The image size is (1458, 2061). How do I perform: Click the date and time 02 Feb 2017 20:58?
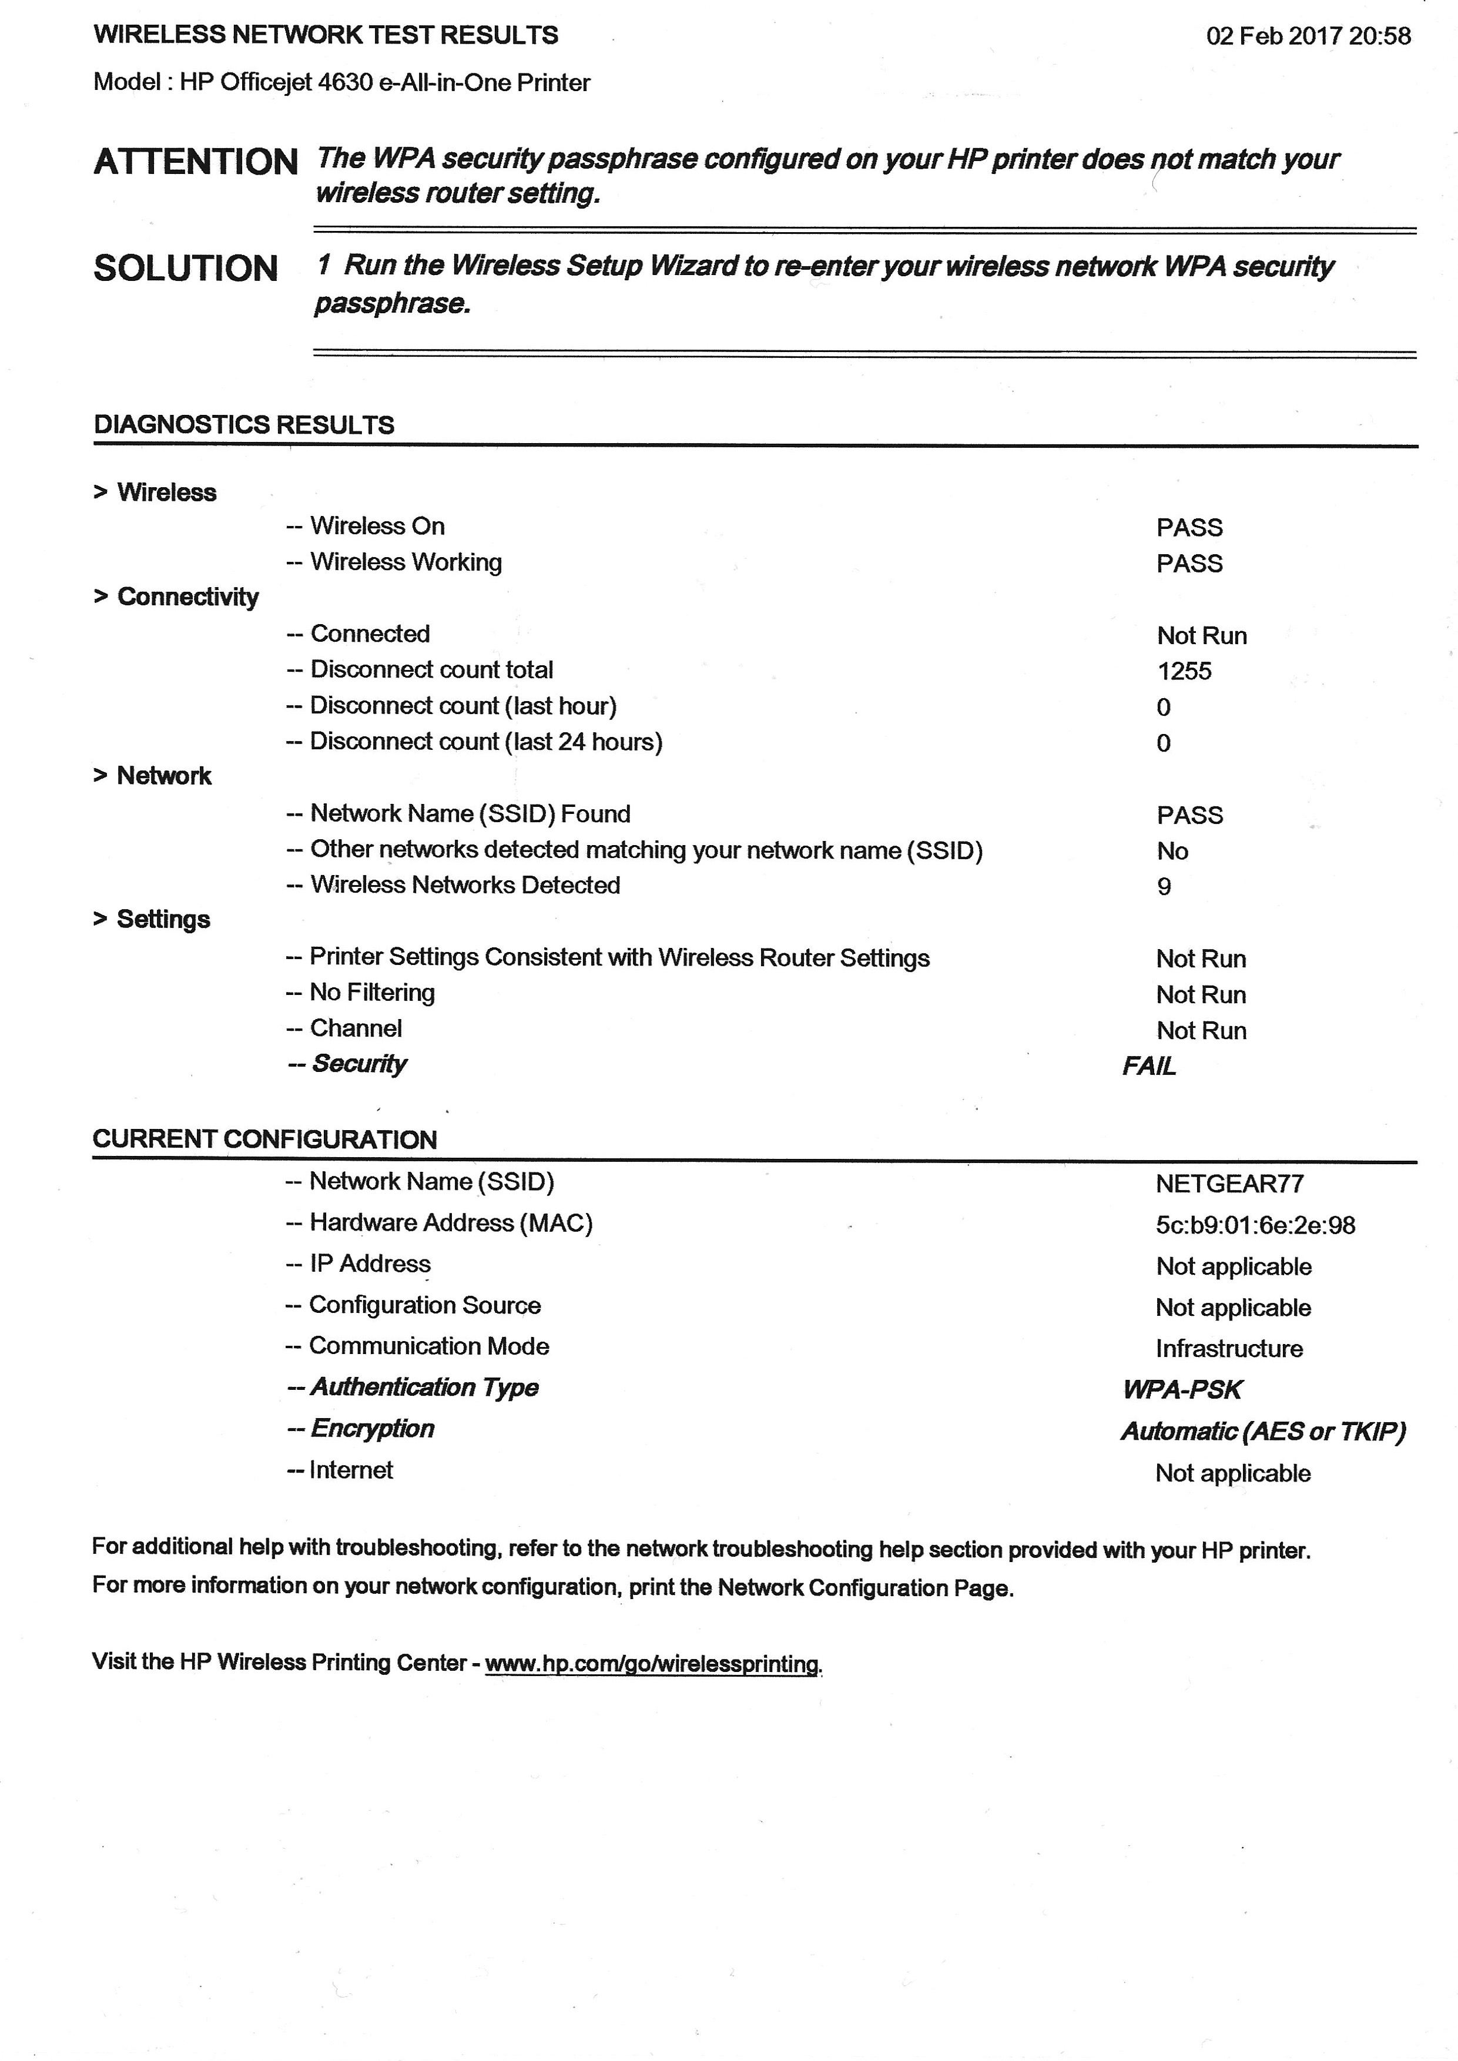tap(1308, 36)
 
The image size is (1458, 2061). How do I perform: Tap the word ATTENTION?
tap(196, 162)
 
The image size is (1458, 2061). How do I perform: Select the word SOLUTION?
tap(186, 269)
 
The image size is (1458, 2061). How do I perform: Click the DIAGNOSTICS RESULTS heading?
tap(244, 424)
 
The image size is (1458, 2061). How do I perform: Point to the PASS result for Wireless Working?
tap(1189, 564)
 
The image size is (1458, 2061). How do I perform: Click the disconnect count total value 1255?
tap(1184, 672)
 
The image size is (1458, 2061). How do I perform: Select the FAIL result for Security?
tap(1148, 1067)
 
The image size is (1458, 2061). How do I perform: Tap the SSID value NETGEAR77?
tap(1229, 1184)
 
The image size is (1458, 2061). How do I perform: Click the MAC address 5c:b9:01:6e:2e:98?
tap(1255, 1225)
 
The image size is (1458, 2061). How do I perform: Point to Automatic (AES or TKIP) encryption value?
tap(1263, 1432)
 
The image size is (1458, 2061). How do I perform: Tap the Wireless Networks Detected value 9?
tap(1164, 887)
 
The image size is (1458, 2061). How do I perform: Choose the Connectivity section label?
tap(187, 597)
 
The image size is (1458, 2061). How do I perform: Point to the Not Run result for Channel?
tap(1201, 1031)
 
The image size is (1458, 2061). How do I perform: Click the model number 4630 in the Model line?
tap(345, 83)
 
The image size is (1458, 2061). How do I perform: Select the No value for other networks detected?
tap(1172, 851)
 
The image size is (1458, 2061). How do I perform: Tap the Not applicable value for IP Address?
tap(1234, 1266)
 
